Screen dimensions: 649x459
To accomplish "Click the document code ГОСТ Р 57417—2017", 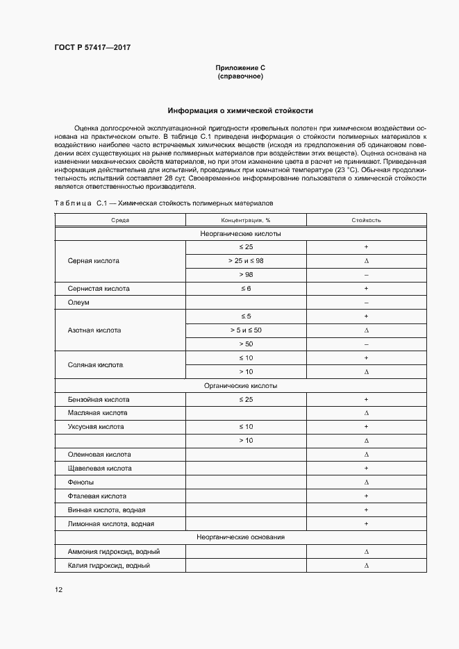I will point(92,47).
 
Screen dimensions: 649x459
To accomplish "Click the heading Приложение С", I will point(240,67).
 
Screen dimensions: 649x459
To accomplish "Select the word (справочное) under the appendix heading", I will point(240,76).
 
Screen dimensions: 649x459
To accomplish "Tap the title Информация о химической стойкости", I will point(240,110).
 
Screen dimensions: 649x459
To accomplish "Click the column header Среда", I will point(120,220).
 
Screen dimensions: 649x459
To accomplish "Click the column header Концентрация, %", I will point(240,220).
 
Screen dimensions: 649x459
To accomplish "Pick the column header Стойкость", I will point(365,220).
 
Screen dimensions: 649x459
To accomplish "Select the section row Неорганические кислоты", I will point(240,234).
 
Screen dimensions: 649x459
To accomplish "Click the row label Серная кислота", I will point(93,262).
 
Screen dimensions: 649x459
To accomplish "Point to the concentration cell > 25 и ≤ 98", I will point(240,261).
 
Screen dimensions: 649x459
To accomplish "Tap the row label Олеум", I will point(78,303).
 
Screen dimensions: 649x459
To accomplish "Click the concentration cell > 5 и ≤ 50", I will point(240,330).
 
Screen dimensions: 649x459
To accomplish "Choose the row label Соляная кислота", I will point(94,364).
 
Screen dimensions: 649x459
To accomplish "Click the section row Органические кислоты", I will point(240,385).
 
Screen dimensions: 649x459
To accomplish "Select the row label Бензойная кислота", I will point(99,399).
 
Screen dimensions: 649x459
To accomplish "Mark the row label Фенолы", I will point(81,482).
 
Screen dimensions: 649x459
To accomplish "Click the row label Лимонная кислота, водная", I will point(110,523).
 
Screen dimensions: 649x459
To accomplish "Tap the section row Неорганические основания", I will point(240,537).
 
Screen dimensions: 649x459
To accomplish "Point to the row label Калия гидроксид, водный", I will point(109,565).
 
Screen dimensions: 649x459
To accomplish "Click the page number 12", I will point(59,590).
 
